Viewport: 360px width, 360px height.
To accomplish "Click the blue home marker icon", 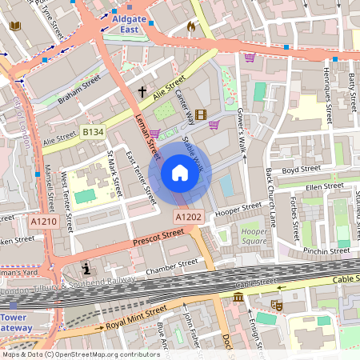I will pyautogui.click(x=180, y=172).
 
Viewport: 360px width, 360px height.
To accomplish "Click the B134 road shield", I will pyautogui.click(x=93, y=131).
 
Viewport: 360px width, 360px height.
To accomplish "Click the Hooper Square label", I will pyautogui.click(x=254, y=236).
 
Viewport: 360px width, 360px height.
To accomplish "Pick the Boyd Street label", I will pyautogui.click(x=302, y=170).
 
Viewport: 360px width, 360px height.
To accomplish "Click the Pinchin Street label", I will pyautogui.click(x=326, y=251).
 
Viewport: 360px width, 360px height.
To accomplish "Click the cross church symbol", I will pyautogui.click(x=142, y=92).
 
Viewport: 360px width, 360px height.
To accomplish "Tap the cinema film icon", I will pyautogui.click(x=200, y=114).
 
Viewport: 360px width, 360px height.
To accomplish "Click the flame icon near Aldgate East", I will pyautogui.click(x=190, y=26).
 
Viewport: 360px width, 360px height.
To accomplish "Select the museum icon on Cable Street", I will pyautogui.click(x=238, y=298).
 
